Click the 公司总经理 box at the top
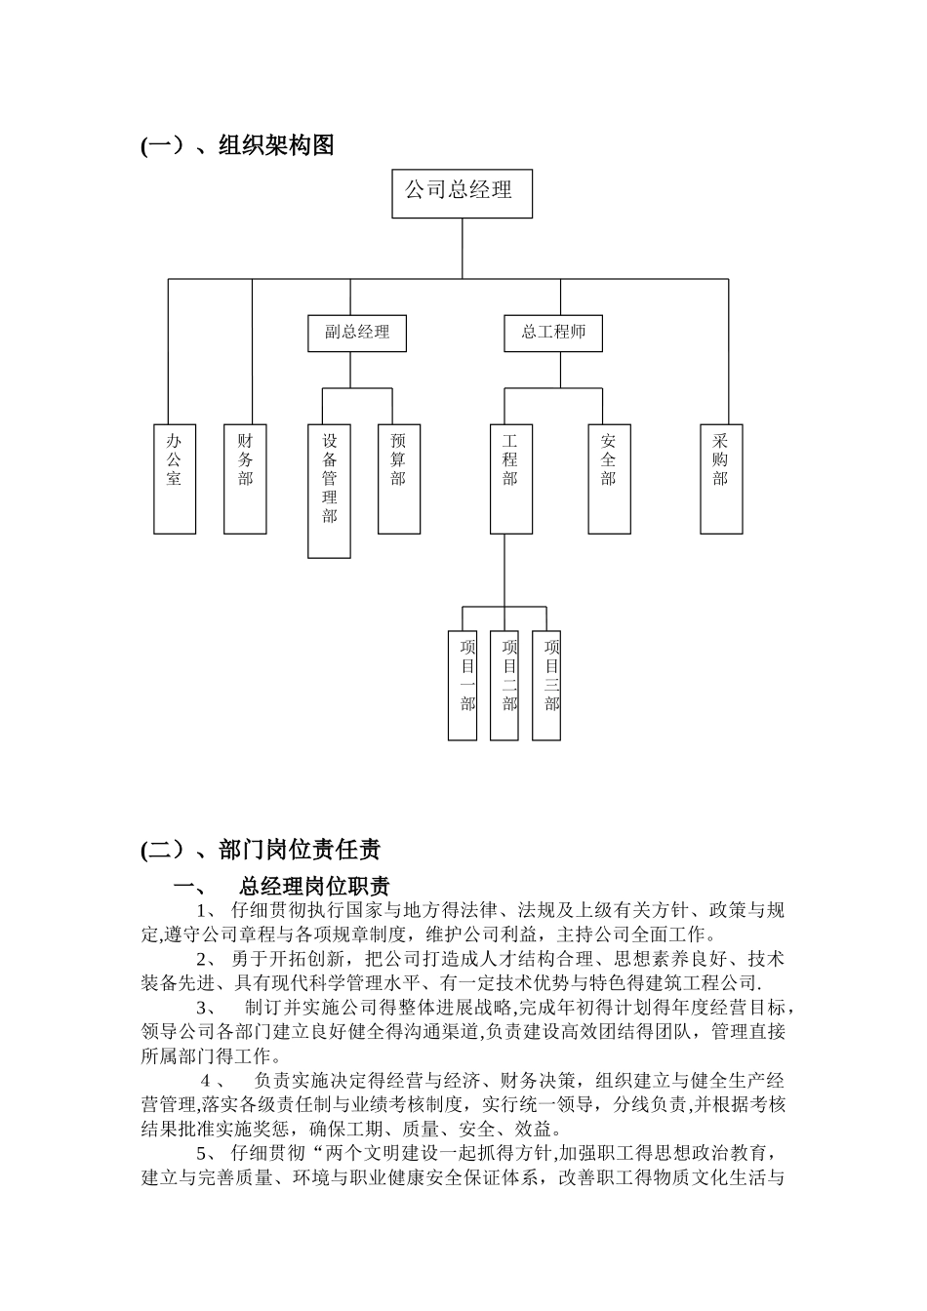pos(463,193)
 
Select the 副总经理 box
pos(357,333)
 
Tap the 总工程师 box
pos(553,333)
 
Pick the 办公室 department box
pos(175,479)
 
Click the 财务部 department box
pos(245,479)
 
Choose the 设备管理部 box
pos(330,491)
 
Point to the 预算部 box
pos(399,479)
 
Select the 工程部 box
pos(511,479)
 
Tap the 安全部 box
pos(610,479)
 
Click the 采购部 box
pos(721,479)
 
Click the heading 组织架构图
pos(277,145)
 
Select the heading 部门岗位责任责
pos(300,851)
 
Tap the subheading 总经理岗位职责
pos(314,887)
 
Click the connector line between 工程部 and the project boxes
pos(504,570)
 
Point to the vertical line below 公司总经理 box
pos(463,248)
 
